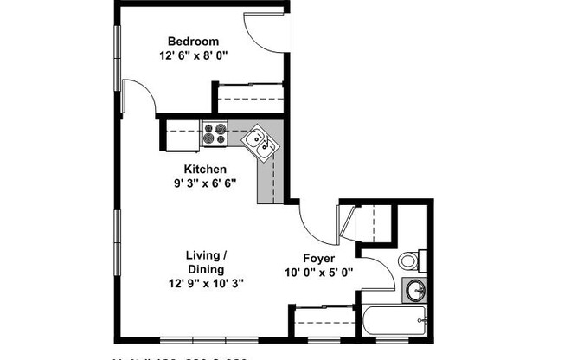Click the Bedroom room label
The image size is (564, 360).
click(193, 42)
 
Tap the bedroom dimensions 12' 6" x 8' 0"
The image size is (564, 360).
click(193, 58)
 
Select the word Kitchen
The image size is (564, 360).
click(205, 169)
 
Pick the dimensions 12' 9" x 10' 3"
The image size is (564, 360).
click(206, 285)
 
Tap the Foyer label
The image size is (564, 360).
click(318, 258)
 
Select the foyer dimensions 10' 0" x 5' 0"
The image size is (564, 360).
click(318, 273)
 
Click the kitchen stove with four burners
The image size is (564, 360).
click(215, 133)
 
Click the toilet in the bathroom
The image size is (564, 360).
click(411, 260)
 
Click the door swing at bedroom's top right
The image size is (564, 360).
click(263, 35)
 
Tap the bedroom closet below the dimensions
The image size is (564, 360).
click(250, 97)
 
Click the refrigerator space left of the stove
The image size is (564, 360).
click(182, 133)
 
